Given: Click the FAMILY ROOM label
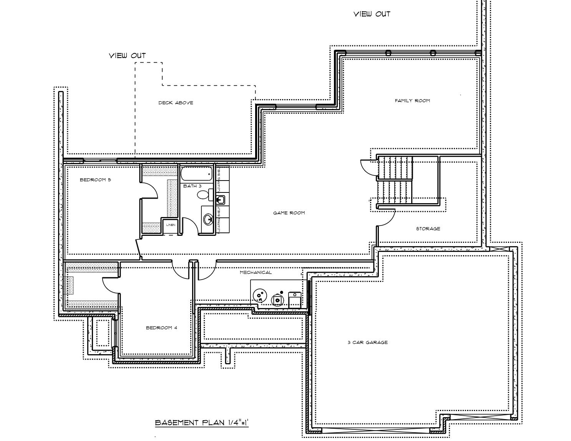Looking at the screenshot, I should coord(412,101).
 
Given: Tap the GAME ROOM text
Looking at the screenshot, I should coord(289,213).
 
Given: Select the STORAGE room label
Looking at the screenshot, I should coord(428,229).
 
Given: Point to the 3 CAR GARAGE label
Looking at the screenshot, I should coord(368,342).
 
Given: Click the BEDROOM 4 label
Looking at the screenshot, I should coord(161,328).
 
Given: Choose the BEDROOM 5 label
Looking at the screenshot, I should coord(95,180).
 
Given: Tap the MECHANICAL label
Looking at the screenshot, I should coord(256,272).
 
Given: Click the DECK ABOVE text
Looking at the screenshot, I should coord(176,103).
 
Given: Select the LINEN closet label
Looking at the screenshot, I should coord(171,225).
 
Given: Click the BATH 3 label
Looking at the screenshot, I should coord(192,186).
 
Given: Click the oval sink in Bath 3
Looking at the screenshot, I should coord(208,219).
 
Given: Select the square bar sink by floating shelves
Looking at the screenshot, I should coord(221,200).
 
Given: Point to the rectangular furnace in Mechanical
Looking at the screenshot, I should coord(294,300).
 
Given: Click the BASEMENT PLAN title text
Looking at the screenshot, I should coord(202,423).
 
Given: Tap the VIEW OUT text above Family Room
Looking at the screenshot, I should coord(372,14).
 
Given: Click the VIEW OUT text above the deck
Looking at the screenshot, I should coord(127,56).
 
